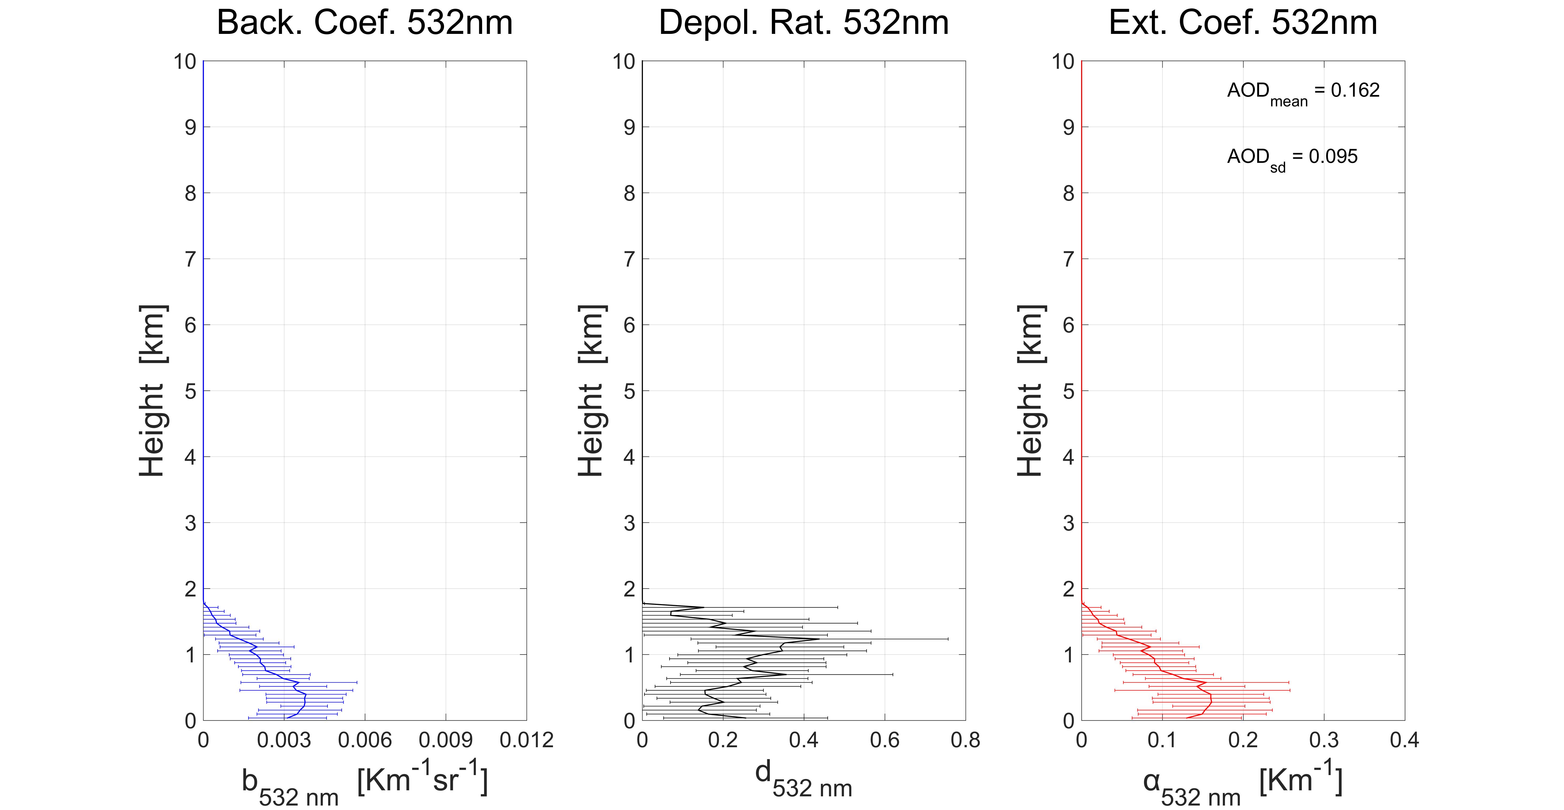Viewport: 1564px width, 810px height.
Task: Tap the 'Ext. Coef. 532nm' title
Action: (1243, 23)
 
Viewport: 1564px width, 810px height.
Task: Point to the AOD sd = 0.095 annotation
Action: (1292, 158)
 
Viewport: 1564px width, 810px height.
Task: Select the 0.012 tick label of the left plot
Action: (527, 740)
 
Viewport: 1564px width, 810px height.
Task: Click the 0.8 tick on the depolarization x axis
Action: (965, 740)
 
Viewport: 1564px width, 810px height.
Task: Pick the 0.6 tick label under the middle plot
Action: (885, 740)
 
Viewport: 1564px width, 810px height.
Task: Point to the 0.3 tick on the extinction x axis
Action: (1323, 740)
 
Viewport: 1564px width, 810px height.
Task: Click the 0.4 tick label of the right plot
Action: (1404, 740)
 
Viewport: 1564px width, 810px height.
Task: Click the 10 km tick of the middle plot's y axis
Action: (623, 61)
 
